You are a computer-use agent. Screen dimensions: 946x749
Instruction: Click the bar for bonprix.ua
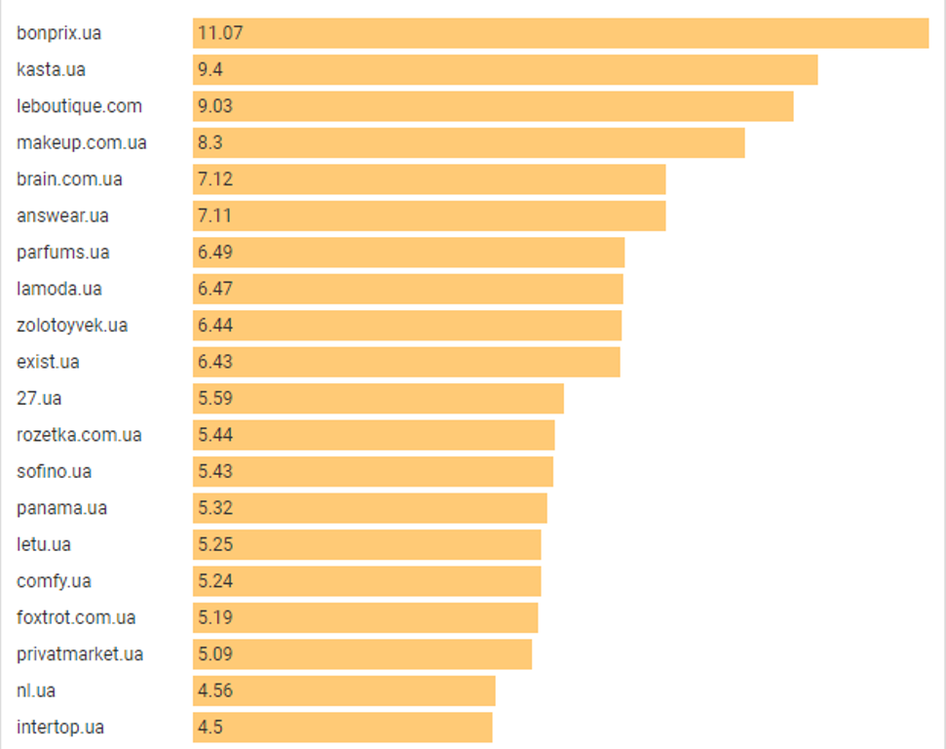[x=560, y=33]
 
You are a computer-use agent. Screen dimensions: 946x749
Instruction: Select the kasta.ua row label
[x=52, y=69]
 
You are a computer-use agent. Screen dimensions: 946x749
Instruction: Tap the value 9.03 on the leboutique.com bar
[x=215, y=106]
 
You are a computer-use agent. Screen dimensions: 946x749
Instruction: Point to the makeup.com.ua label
[x=82, y=143]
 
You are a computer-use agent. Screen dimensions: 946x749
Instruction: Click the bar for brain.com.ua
[x=429, y=179]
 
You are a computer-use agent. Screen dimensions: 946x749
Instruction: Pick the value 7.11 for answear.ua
[x=214, y=216]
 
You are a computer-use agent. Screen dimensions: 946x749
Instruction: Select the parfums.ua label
[x=63, y=253]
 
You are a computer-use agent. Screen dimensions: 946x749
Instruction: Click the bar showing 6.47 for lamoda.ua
[x=408, y=289]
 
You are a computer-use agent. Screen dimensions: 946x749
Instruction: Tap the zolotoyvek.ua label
[x=72, y=326]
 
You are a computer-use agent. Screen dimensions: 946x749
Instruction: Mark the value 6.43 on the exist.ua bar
[x=215, y=362]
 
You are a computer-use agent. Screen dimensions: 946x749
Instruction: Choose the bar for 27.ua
[x=378, y=399]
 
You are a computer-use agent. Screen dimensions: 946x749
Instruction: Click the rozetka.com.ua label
[x=79, y=435]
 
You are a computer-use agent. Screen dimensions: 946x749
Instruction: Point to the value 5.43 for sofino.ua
[x=215, y=471]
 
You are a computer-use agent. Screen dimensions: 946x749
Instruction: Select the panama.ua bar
[x=370, y=508]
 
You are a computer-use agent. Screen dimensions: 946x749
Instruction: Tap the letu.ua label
[x=44, y=544]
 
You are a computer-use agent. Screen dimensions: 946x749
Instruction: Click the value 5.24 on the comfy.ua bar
[x=215, y=581]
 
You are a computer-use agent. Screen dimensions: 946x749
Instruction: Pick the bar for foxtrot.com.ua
[x=365, y=618]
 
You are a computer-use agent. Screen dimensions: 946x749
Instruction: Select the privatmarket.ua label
[x=80, y=654]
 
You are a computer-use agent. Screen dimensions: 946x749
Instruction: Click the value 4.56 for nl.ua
[x=215, y=690]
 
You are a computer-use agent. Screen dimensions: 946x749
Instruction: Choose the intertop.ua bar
[x=343, y=728]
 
